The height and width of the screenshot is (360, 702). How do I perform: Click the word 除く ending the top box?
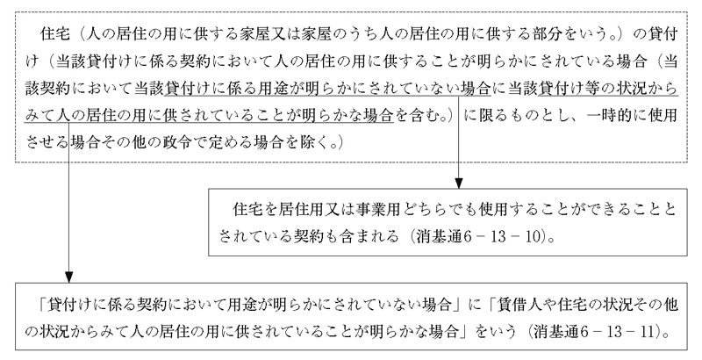303,140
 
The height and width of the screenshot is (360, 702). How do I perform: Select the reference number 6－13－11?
630,332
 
